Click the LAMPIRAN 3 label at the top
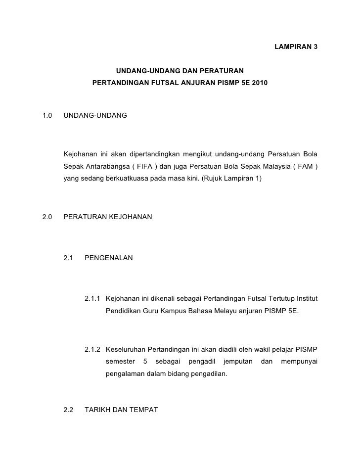tap(295, 47)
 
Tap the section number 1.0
tap(48, 115)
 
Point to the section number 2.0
tap(48, 216)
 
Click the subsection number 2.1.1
tap(93, 299)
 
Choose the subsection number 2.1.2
tap(93, 350)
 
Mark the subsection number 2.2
tap(69, 410)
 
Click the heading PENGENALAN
tap(109, 258)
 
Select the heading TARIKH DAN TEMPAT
tap(121, 410)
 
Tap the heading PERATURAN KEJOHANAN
tap(108, 216)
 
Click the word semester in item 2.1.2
tap(120, 363)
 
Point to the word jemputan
tap(237, 363)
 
